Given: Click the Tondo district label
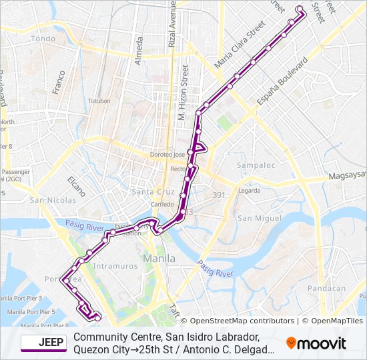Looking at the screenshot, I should [x=43, y=39].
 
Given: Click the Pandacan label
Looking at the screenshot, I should [x=330, y=289].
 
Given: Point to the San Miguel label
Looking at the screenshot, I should [x=254, y=218].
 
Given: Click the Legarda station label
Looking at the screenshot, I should [x=249, y=191].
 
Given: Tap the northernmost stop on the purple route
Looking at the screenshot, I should [x=299, y=9].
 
